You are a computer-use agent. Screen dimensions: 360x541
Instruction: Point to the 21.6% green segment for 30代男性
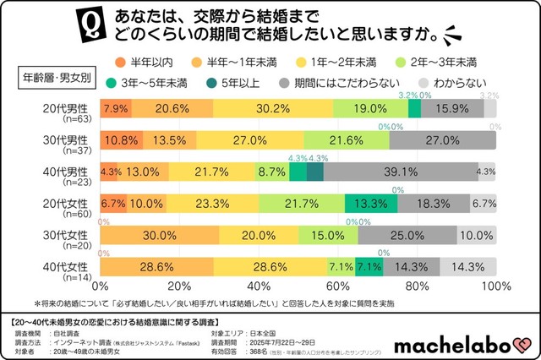click(x=347, y=139)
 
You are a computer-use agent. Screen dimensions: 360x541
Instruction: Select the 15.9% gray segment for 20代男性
click(x=452, y=108)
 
